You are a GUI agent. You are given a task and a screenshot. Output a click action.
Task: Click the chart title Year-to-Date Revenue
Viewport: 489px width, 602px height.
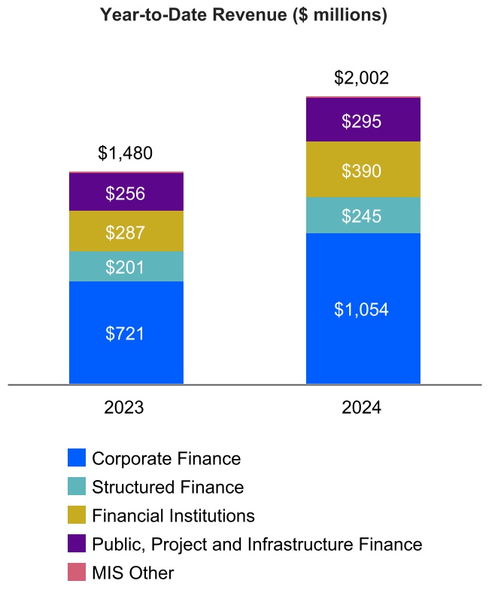244,15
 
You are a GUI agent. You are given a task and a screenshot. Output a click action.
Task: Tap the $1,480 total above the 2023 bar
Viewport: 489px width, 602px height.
126,154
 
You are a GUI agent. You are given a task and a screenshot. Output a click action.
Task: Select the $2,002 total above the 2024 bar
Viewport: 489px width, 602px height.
363,78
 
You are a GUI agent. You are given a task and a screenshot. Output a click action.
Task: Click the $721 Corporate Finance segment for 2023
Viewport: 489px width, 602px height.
126,333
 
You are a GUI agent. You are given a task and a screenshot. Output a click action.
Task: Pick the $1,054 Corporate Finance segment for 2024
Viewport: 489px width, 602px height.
363,309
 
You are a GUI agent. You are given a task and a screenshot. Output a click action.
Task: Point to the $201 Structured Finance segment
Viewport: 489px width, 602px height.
126,266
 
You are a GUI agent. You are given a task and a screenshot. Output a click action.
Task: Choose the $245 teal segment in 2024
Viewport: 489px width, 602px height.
363,216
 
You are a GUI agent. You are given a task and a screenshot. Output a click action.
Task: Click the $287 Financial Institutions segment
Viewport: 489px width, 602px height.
126,232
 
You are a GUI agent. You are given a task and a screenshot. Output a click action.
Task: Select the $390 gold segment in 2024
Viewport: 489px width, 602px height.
363,171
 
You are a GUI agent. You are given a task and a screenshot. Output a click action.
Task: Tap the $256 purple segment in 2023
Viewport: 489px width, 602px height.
126,193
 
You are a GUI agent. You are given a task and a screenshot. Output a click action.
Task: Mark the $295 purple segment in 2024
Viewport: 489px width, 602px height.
363,121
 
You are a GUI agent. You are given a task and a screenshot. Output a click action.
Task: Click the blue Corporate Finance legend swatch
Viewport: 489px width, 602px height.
77,458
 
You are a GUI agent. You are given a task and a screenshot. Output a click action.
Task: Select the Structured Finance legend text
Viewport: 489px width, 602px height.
168,487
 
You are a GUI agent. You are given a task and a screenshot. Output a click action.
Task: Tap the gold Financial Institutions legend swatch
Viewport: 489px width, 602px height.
77,515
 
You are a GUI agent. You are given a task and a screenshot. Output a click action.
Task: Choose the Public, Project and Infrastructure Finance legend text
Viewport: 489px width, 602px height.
257,544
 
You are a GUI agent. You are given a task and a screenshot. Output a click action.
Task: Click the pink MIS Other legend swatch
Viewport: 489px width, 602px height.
77,573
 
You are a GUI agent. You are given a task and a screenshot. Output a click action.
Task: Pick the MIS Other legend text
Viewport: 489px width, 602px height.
133,573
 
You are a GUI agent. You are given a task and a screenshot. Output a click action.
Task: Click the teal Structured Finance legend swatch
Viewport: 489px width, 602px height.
77,487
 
